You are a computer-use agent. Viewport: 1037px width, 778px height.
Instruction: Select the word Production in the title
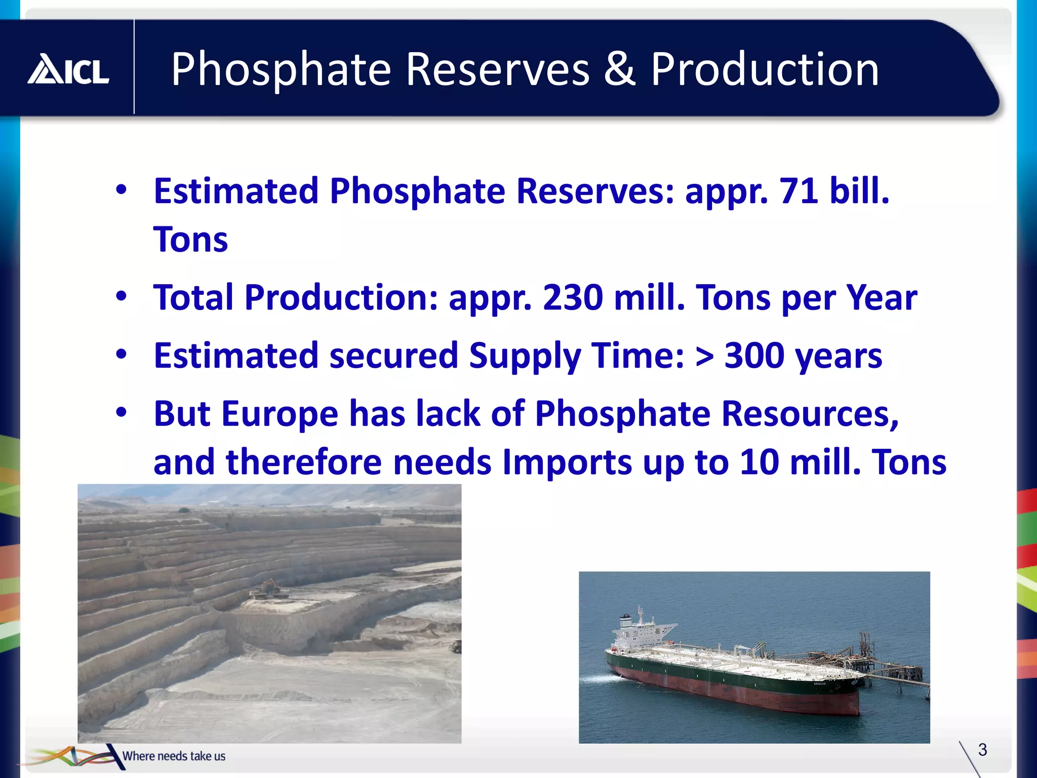[765, 69]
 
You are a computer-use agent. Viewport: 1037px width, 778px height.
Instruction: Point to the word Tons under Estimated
[191, 240]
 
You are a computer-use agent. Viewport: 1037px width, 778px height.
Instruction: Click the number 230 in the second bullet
[572, 297]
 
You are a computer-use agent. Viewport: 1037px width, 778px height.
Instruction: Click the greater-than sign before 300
[704, 356]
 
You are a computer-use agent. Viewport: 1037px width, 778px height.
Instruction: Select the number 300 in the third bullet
[754, 356]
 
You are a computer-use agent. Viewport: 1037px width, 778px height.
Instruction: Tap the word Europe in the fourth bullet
[279, 414]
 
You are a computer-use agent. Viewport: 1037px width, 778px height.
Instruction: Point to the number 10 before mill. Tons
[759, 462]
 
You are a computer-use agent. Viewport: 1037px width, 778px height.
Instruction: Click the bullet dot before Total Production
[121, 296]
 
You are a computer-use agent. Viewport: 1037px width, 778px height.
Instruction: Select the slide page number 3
[982, 750]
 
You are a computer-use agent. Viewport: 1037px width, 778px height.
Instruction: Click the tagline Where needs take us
[174, 756]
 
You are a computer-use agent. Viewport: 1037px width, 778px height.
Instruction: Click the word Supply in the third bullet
[524, 356]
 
